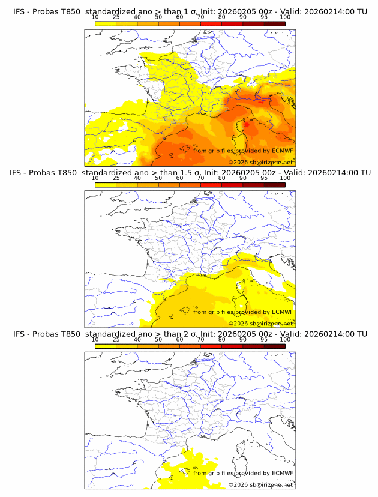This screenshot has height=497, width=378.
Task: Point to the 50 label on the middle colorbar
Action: pos(158,178)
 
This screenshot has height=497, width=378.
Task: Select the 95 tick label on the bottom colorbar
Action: pos(264,339)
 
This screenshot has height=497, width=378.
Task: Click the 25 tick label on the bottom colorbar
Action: pos(116,339)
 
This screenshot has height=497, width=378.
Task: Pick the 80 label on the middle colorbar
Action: pos(222,178)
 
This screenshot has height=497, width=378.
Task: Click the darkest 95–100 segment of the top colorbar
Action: pos(274,23)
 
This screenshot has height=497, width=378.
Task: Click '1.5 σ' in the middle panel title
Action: pos(186,173)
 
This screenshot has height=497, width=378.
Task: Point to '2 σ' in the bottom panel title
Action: pos(182,334)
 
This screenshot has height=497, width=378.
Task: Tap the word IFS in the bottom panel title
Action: pos(20,334)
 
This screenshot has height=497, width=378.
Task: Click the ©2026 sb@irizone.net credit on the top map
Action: pos(260,163)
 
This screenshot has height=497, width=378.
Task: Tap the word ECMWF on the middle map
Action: pos(282,312)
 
